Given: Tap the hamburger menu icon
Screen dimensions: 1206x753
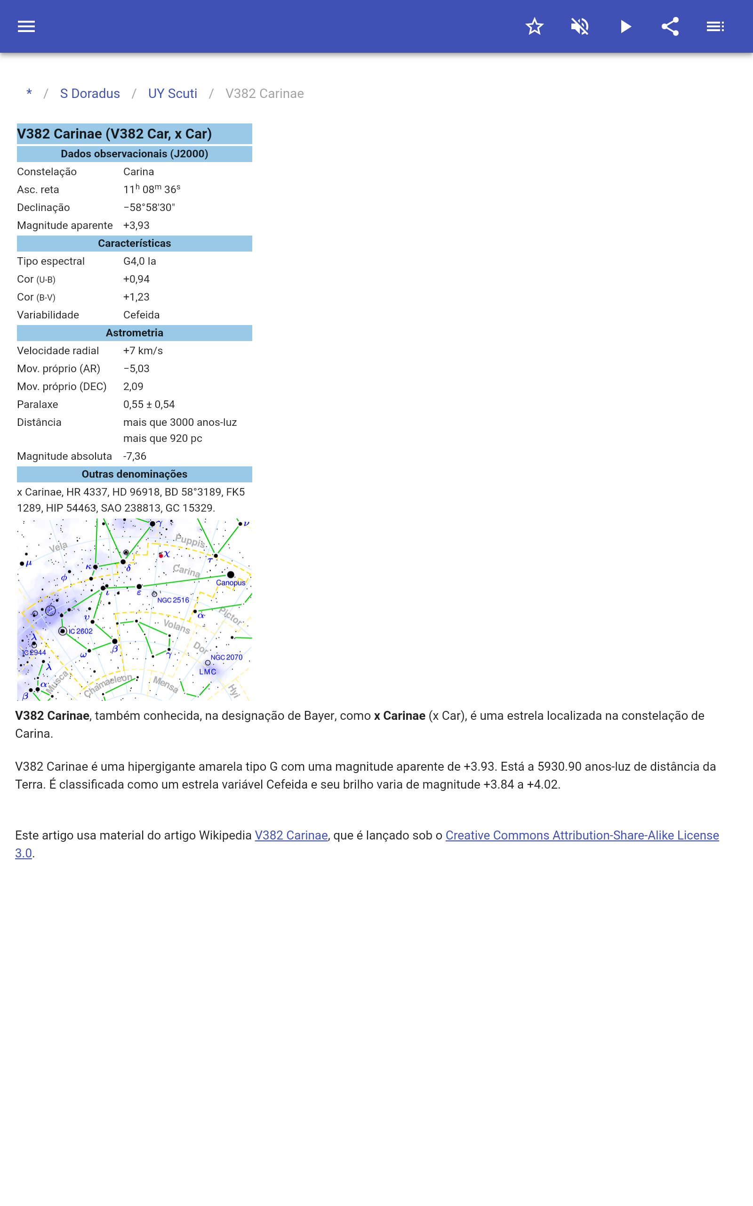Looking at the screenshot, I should click(x=26, y=26).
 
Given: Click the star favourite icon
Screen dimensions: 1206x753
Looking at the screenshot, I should click(x=534, y=26).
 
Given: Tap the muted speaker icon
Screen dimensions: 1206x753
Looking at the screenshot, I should click(x=580, y=26).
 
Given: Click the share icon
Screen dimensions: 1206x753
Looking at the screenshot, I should click(x=670, y=26).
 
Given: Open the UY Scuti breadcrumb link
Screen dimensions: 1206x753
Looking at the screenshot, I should click(x=172, y=94).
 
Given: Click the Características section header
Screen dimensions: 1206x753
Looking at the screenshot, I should click(x=134, y=243).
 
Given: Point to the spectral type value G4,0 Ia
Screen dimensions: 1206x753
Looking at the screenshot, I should click(x=139, y=261).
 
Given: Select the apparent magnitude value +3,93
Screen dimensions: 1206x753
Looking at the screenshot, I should click(x=136, y=225).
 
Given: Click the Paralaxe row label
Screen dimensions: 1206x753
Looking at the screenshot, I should click(x=37, y=404).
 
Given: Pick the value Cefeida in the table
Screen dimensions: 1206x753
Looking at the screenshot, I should click(x=142, y=315).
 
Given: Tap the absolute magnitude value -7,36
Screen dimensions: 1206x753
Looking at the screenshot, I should click(x=135, y=456).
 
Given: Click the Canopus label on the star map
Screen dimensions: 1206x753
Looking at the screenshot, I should click(x=231, y=583).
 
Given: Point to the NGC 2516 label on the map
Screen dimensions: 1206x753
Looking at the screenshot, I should click(x=173, y=600).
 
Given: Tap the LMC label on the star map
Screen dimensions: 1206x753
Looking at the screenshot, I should click(x=208, y=672).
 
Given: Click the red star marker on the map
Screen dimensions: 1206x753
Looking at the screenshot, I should click(x=161, y=555).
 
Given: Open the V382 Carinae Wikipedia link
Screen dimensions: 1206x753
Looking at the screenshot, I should click(x=291, y=835).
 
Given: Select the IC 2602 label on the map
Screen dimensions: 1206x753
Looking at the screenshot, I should click(x=80, y=631).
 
